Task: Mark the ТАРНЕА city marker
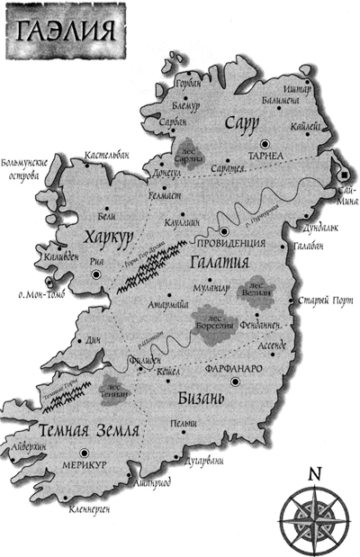click(x=265, y=143)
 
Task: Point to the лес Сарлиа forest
click(x=190, y=149)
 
